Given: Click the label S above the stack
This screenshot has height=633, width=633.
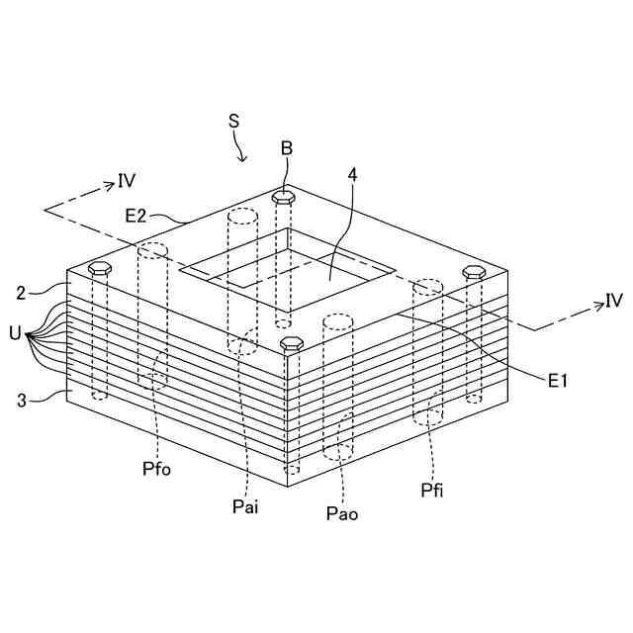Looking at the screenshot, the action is (233, 121).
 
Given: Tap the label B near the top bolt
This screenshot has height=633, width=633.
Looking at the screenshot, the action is (286, 148).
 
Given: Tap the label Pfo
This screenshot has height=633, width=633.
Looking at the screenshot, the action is (156, 468).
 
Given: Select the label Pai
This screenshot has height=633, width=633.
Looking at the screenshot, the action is (245, 506).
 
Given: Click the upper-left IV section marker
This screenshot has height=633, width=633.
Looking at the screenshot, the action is (127, 180).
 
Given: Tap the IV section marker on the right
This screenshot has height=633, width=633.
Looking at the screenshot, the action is (613, 301).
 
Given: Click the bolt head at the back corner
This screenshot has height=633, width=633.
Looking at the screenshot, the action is (285, 197).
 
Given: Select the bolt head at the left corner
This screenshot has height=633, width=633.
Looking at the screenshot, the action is (100, 267).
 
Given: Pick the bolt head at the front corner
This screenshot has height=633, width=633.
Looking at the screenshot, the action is (291, 343).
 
